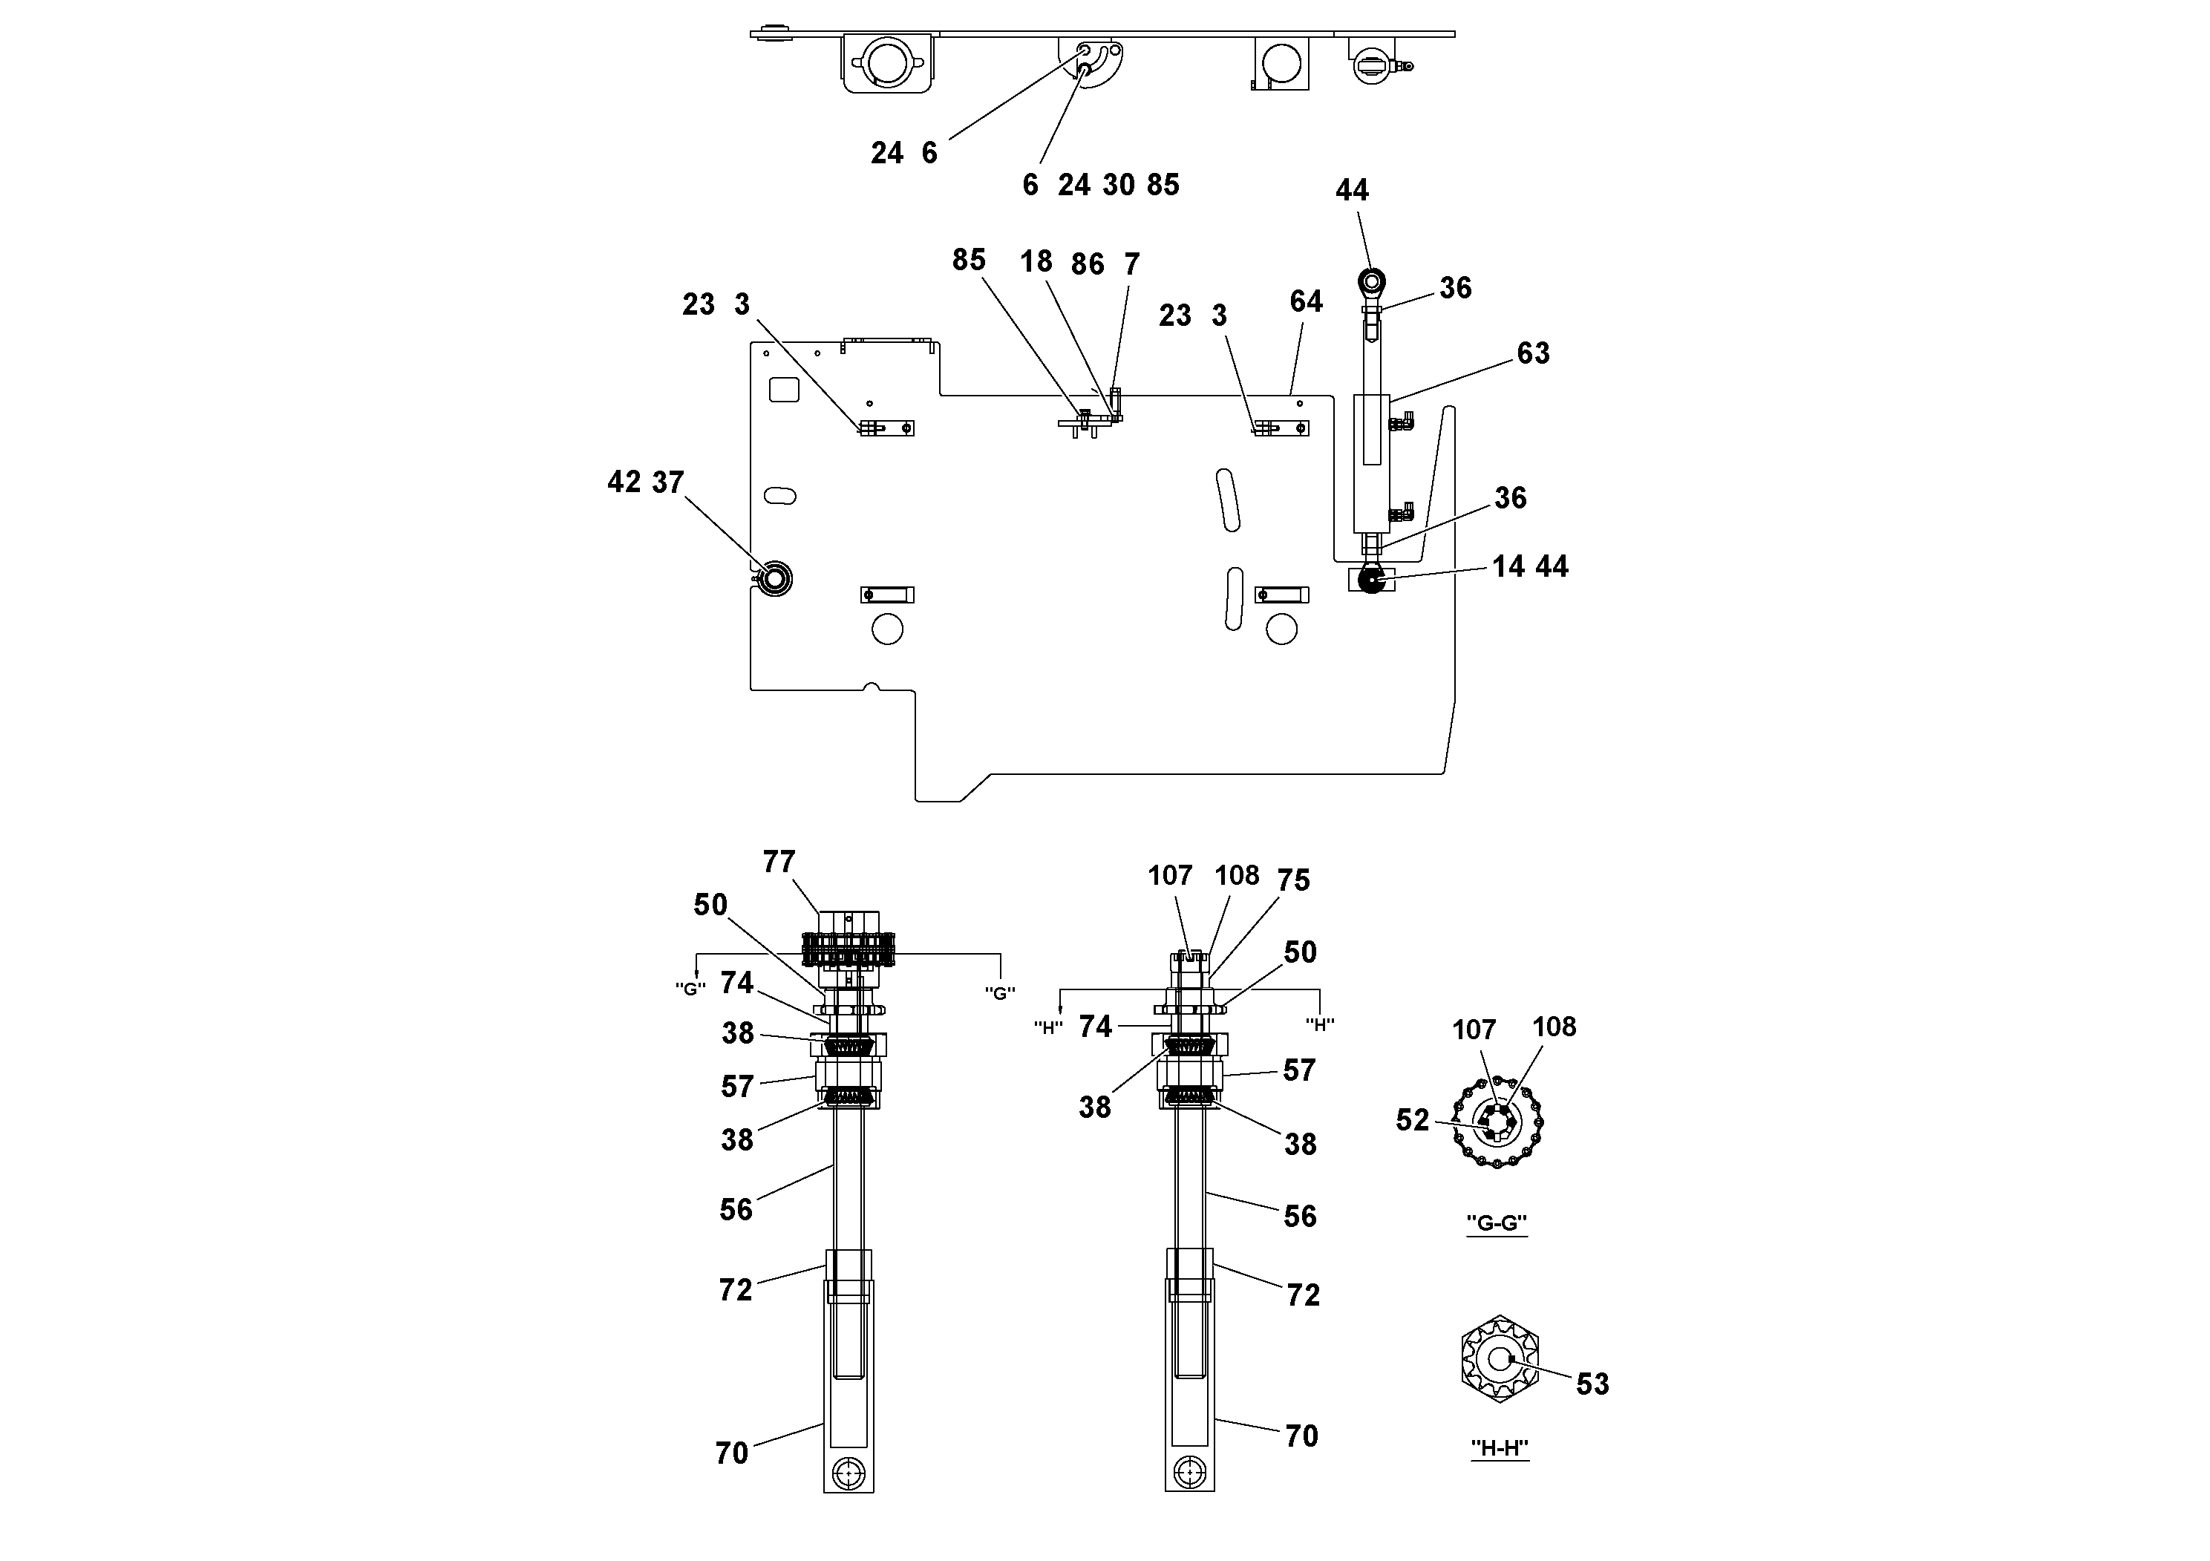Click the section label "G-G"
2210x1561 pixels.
click(x=1496, y=1223)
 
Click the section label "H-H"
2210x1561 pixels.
click(x=1500, y=1447)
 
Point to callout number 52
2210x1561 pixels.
click(x=1412, y=1120)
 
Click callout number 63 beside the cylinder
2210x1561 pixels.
click(x=1533, y=353)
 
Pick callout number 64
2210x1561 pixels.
click(x=1306, y=301)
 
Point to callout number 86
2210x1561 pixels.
click(x=1088, y=265)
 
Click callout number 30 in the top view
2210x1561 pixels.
click(x=1119, y=185)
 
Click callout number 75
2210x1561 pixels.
click(x=1294, y=880)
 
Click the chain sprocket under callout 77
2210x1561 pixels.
click(x=848, y=954)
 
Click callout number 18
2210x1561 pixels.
click(x=1036, y=262)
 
